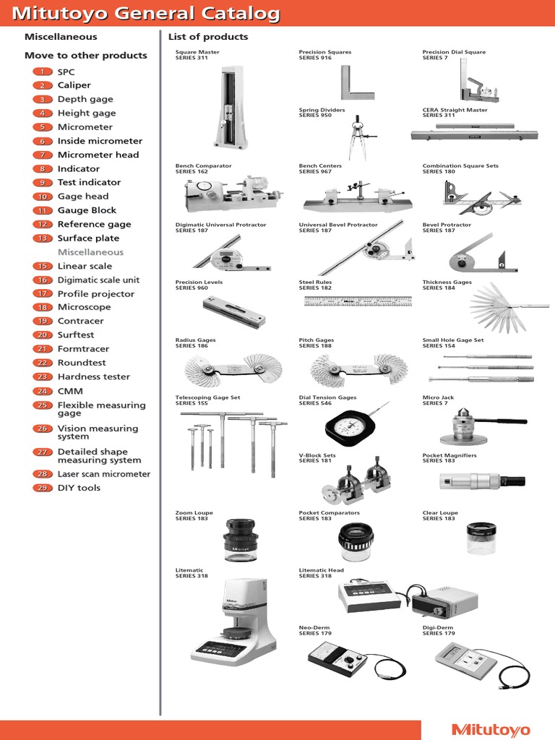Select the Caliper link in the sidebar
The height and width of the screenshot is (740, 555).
(74, 85)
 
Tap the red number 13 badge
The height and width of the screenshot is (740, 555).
(43, 238)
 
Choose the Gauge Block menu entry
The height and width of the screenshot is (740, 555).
(87, 210)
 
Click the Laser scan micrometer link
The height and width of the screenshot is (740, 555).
(103, 474)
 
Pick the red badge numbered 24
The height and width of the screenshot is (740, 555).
(43, 391)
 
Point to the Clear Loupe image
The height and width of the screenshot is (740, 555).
(481, 538)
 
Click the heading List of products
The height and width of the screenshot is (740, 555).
(207, 37)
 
